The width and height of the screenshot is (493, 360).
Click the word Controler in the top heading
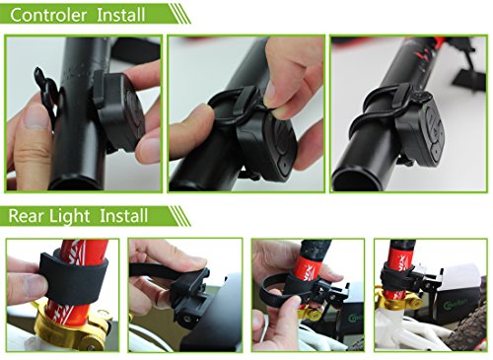click(x=48, y=15)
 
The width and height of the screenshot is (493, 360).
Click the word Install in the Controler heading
click(x=121, y=15)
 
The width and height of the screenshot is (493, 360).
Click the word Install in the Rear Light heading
click(x=123, y=216)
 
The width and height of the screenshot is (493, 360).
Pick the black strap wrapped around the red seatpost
click(x=73, y=276)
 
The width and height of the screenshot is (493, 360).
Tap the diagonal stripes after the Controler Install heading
click(x=180, y=14)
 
